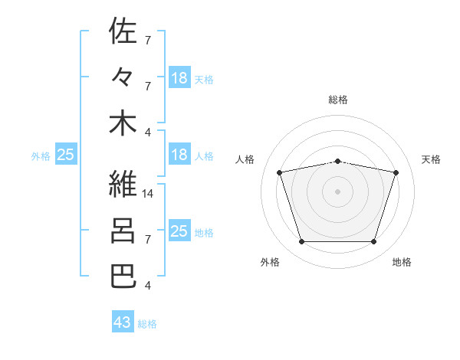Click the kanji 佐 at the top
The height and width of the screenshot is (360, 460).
pos(123,30)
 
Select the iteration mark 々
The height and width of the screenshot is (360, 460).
pos(123,77)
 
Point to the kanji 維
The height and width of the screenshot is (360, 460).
pos(123,184)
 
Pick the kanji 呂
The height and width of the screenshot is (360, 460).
pos(123,231)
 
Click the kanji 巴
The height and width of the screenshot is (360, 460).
pos(123,277)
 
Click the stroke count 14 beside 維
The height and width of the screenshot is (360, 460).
pos(147,194)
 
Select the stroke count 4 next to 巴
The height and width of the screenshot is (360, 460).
pos(148,285)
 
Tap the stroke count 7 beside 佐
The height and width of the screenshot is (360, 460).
pos(148,40)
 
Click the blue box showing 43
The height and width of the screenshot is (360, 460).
pos(123,321)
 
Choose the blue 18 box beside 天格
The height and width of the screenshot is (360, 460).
pos(179,77)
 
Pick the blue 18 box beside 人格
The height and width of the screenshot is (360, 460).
pos(179,154)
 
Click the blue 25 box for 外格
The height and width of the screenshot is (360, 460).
pos(66,154)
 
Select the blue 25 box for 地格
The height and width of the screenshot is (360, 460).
pos(179,230)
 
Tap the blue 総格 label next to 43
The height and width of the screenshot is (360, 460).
pos(147,324)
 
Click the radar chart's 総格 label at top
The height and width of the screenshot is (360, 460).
pos(338,100)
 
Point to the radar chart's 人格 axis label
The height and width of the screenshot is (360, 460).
pos(245,159)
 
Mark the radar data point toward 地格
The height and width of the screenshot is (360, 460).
pos(373,241)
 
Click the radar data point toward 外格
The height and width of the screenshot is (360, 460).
pos(302,241)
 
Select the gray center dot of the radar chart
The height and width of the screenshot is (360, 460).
pos(337,191)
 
